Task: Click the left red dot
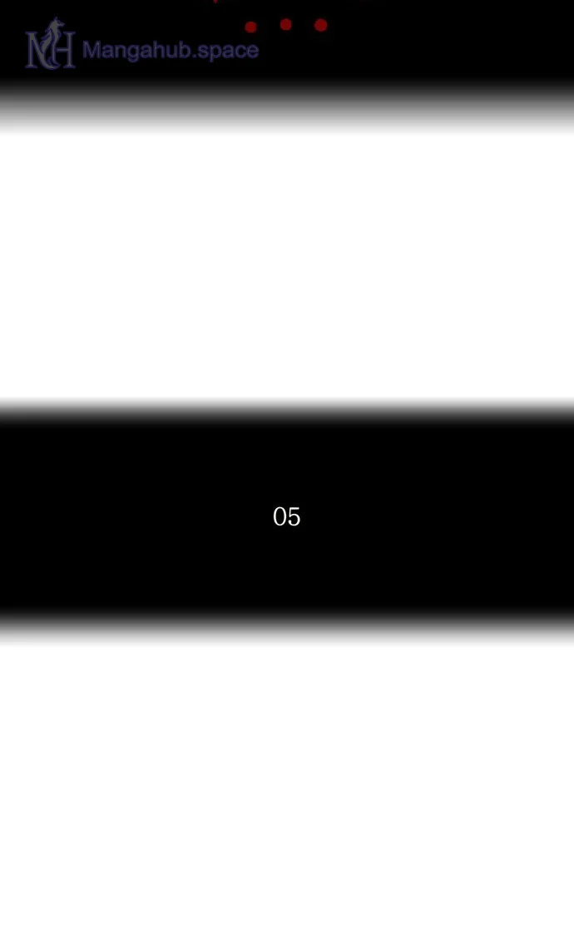250,27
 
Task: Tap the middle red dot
285,24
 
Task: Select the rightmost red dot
320,25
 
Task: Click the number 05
287,516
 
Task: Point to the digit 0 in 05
280,516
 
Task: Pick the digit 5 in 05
294,516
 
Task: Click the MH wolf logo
51,44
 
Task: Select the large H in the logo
62,51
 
